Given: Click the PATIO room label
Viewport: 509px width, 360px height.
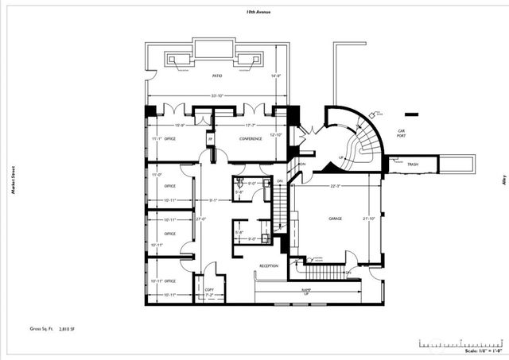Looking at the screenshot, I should point(216,76).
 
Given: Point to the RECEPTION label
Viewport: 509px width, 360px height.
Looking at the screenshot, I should point(268,265).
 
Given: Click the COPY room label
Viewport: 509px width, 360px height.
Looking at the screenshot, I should point(209,289).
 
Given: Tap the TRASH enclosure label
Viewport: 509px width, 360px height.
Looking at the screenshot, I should point(413,165).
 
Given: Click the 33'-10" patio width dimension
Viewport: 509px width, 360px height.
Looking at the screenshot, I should point(216,96).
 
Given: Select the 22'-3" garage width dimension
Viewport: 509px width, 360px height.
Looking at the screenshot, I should point(336,186).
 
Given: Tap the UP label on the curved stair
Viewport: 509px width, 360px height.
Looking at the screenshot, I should point(341,158).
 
